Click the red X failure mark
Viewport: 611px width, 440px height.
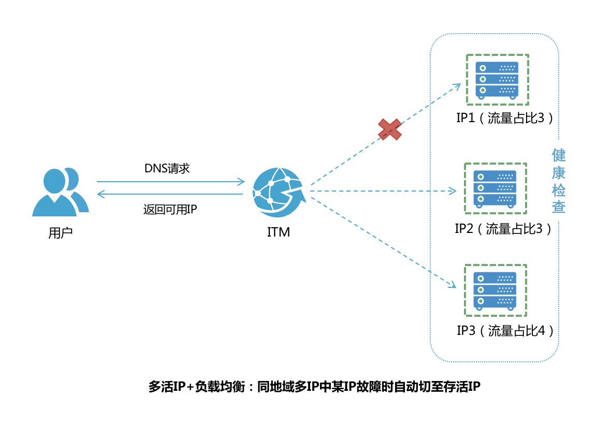(390, 129)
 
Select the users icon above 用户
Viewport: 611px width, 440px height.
(61, 192)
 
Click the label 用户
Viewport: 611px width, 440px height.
(61, 232)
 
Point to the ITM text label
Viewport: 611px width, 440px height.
(278, 232)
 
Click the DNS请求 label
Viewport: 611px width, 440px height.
(167, 168)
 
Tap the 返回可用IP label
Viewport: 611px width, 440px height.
(170, 209)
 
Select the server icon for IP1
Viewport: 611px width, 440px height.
(497, 80)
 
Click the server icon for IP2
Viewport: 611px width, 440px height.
(495, 188)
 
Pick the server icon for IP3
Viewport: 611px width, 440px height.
(495, 290)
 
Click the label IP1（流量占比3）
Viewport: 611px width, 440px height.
(505, 118)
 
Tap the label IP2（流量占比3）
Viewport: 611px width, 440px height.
(503, 228)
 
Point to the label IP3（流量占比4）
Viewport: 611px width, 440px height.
(505, 330)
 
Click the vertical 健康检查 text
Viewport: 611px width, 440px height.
(558, 181)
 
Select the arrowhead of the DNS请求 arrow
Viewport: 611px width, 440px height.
(241, 182)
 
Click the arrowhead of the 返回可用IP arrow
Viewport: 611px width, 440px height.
(100, 194)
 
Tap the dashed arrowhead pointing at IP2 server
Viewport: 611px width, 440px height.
(453, 191)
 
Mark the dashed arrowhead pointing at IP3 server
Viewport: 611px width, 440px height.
(452, 285)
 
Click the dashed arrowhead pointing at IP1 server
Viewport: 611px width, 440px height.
(457, 86)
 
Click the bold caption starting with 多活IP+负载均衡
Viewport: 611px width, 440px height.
(314, 387)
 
